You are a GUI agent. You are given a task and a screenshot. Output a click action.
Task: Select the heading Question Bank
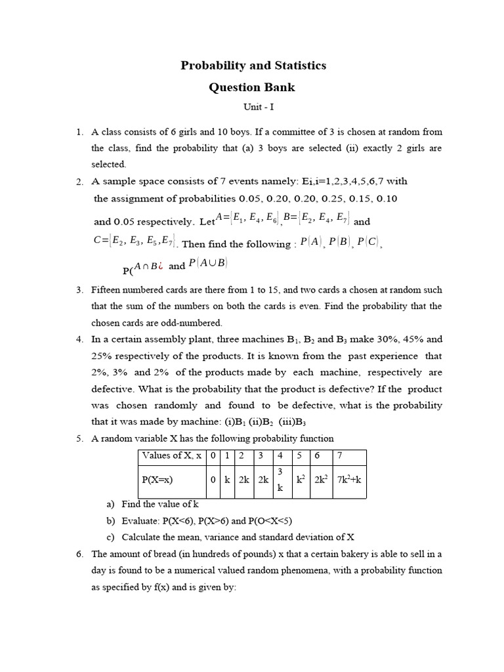[252, 87]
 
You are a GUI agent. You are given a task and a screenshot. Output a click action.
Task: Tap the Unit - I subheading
[252, 106]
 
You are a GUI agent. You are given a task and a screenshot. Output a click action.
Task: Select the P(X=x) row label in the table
[157, 480]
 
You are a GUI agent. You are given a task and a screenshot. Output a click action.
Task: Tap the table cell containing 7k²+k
[348, 480]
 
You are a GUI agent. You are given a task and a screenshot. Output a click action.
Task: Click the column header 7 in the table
[339, 455]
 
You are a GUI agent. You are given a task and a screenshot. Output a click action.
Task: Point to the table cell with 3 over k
[280, 480]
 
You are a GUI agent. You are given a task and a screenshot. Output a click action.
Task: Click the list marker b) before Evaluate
[110, 520]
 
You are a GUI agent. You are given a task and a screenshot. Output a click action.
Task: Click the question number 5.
[79, 438]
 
